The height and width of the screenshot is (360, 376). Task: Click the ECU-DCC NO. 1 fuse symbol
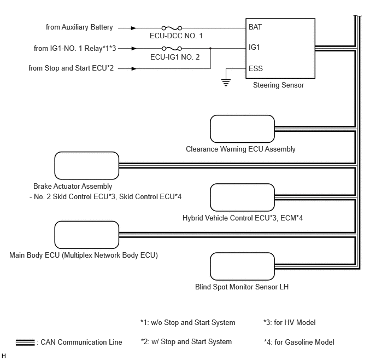click(172, 28)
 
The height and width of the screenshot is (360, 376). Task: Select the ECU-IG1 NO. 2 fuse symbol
click(172, 49)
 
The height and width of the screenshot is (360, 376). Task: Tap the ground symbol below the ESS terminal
click(226, 82)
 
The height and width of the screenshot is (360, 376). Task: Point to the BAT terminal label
click(255, 27)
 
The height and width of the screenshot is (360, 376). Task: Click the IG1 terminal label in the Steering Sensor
click(254, 47)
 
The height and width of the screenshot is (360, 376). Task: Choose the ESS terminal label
click(256, 68)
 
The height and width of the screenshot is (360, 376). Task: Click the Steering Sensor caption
click(278, 85)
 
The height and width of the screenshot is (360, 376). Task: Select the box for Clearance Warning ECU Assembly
click(242, 129)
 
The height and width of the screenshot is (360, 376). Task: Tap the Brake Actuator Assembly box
click(87, 166)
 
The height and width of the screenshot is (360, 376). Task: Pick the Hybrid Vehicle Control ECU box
click(242, 198)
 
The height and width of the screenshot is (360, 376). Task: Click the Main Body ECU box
click(87, 235)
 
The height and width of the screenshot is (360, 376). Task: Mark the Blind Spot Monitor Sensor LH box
click(242, 266)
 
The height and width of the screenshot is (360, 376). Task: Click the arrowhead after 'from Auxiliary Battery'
click(133, 28)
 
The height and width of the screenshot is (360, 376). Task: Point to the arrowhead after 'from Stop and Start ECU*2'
click(134, 68)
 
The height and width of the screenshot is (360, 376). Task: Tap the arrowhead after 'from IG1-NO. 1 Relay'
click(134, 49)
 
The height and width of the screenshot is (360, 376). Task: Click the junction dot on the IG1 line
click(210, 49)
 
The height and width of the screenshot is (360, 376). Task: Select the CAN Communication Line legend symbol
click(25, 342)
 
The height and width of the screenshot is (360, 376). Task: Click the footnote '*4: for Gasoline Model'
click(299, 342)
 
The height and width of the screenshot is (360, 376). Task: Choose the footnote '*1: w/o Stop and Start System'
click(188, 322)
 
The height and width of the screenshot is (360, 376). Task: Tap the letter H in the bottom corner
click(4, 356)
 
